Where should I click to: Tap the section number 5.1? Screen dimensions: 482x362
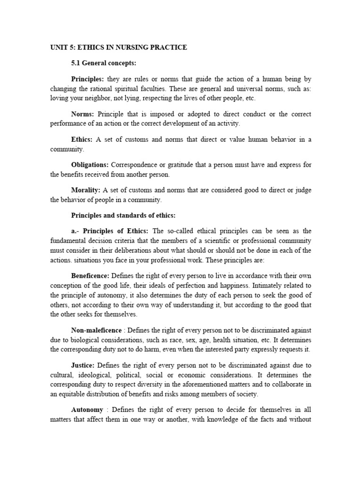tap(76, 63)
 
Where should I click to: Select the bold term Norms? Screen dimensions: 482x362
tap(83, 114)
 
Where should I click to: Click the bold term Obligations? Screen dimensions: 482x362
tap(90, 165)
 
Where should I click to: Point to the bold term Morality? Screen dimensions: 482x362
tap(86, 190)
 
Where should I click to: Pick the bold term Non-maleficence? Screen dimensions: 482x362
tap(97, 331)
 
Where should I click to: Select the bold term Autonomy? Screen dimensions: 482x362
tap(87, 410)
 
